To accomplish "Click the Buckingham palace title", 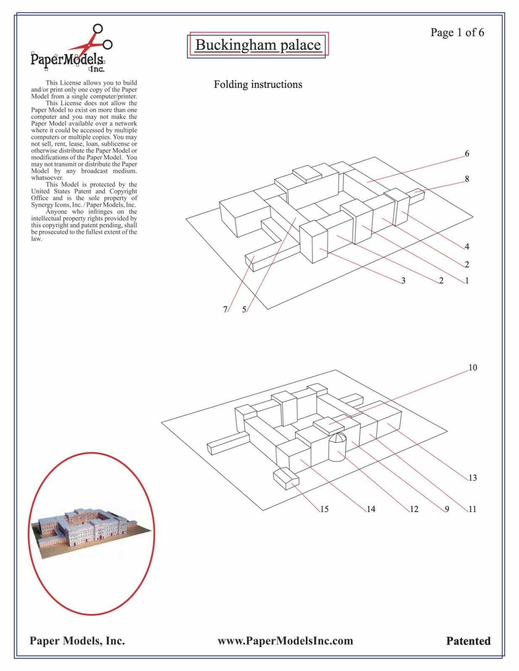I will point(258,45).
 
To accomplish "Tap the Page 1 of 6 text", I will point(457,32).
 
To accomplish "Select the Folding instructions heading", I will point(258,84).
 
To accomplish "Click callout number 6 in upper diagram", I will point(467,153).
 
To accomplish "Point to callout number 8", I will point(467,179).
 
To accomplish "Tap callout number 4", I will point(467,247).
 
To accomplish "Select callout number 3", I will point(403,281).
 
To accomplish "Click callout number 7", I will point(225,309).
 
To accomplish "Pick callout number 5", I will point(244,309).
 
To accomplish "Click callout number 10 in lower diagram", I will point(472,367).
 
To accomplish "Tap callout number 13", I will point(472,478).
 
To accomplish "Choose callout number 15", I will point(324,509).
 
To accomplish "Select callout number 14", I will point(371,509).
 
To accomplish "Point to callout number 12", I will point(414,509).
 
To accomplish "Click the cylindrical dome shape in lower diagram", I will point(337,447).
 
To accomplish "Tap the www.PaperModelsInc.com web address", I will point(285,641).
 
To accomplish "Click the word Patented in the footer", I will point(468,641).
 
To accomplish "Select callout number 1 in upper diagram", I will point(467,281).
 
